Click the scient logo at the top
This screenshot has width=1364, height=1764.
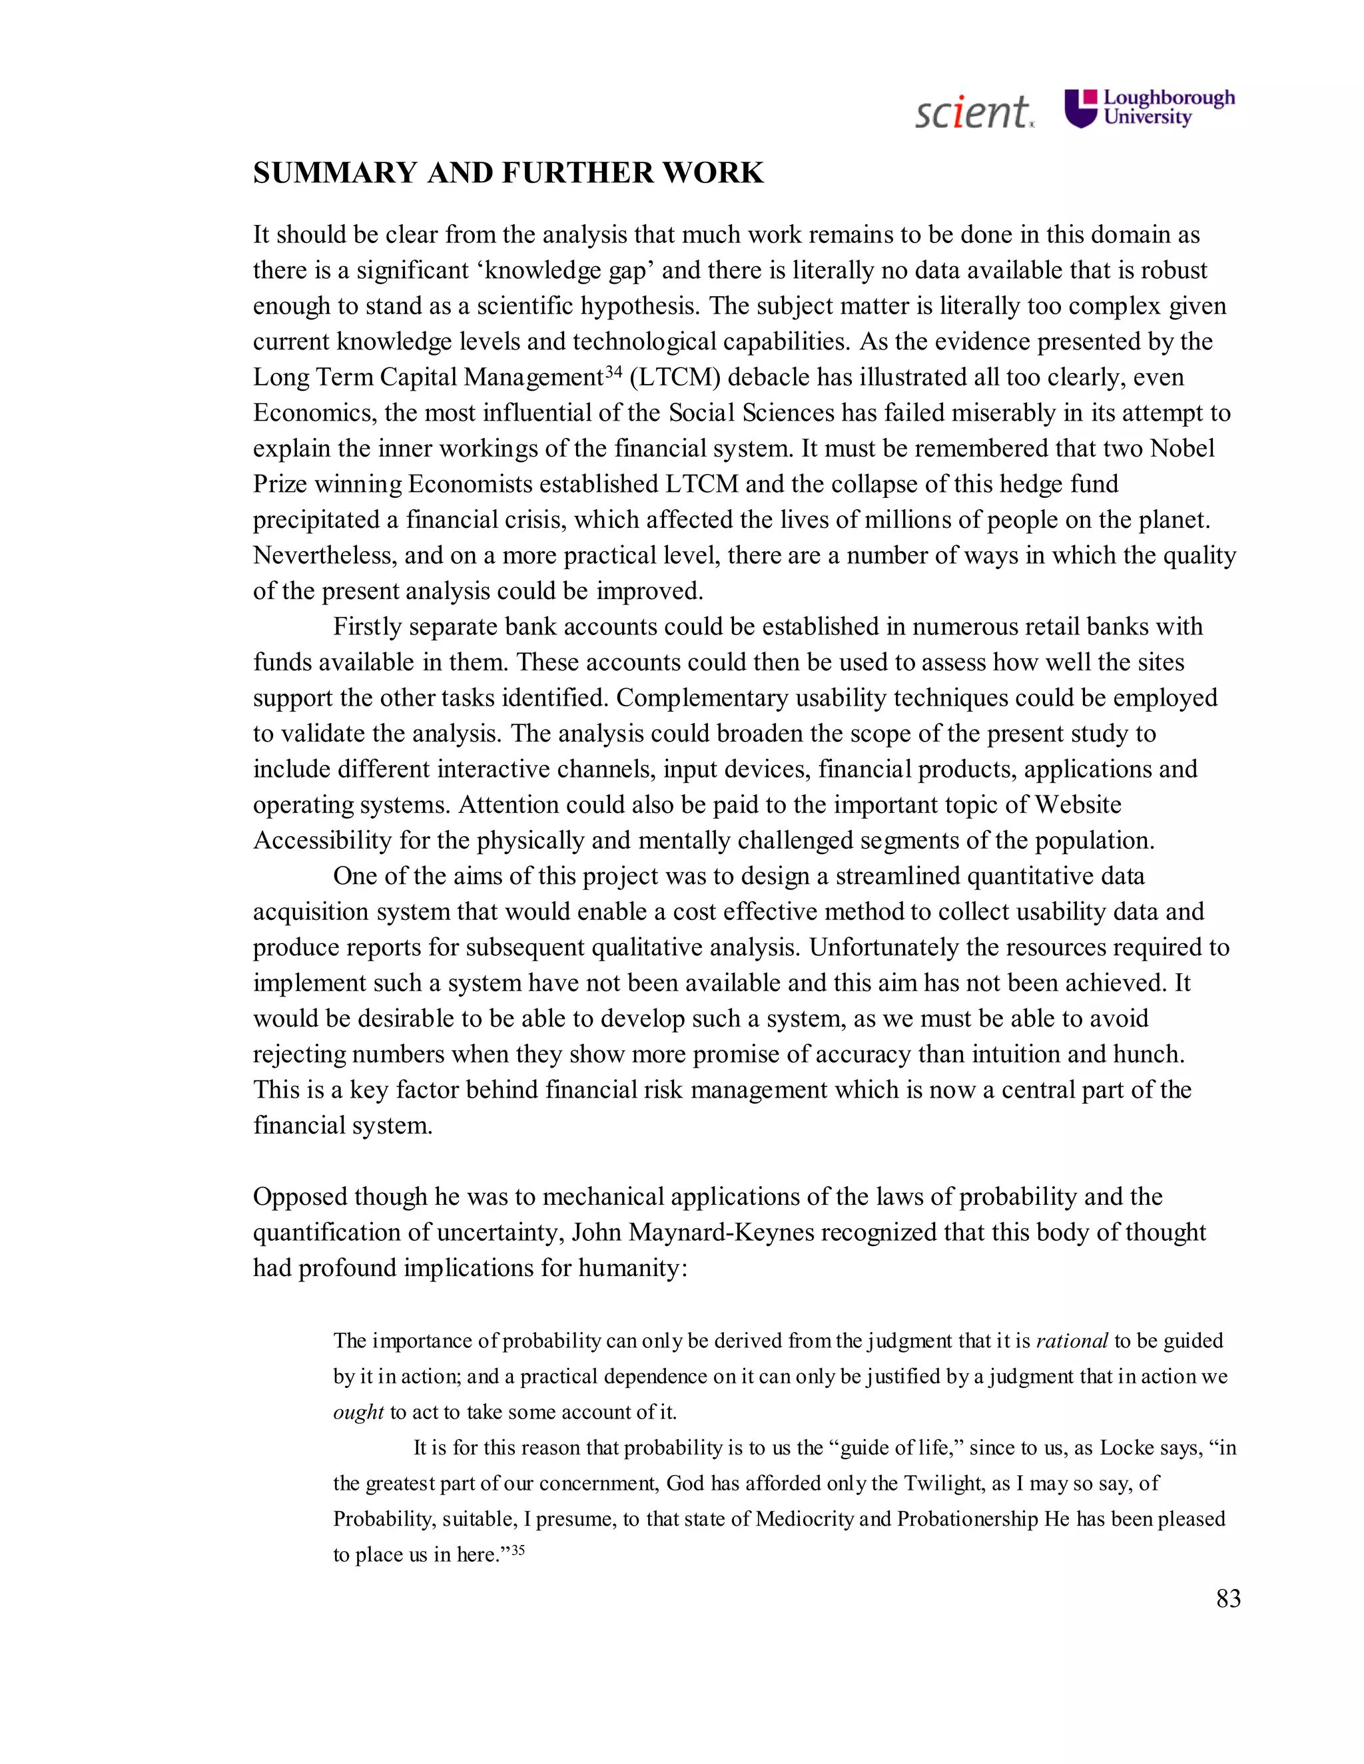pyautogui.click(x=973, y=112)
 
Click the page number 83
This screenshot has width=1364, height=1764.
pyautogui.click(x=1227, y=1598)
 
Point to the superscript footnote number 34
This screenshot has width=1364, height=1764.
pyautogui.click(x=613, y=371)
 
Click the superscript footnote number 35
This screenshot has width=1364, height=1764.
pyautogui.click(x=518, y=1549)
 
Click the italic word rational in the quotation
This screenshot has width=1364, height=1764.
pyautogui.click(x=1072, y=1341)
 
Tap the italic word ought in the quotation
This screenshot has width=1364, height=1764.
pyautogui.click(x=358, y=1412)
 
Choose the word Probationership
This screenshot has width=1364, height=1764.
pyautogui.click(x=967, y=1518)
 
